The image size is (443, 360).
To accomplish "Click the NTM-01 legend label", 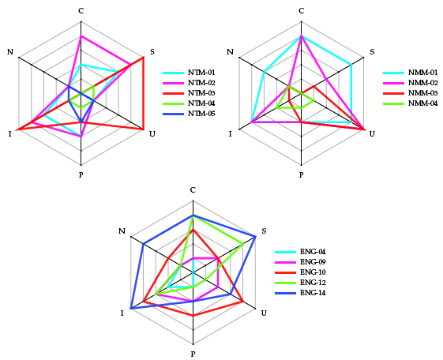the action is click(x=201, y=73).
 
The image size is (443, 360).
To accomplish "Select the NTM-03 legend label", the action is click(x=201, y=93).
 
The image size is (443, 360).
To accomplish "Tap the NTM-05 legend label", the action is click(x=201, y=114).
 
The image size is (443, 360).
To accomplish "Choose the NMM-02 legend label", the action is click(x=422, y=83).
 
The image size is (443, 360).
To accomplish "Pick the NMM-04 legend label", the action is click(x=422, y=103).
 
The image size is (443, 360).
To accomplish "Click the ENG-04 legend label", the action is click(x=313, y=252).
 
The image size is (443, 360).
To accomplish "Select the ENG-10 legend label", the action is click(x=313, y=272).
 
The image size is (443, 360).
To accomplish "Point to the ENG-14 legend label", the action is click(x=313, y=293).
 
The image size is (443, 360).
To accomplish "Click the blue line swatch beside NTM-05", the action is click(x=173, y=114).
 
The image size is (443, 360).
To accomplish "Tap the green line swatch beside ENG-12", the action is click(x=285, y=283).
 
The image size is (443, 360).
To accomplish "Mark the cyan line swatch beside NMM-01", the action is click(x=393, y=73).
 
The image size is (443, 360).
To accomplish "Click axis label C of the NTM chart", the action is click(x=81, y=11).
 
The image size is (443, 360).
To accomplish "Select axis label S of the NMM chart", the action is click(x=372, y=52).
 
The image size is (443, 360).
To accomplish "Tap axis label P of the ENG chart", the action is click(x=193, y=354).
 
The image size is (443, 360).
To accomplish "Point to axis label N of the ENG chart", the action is click(x=122, y=231).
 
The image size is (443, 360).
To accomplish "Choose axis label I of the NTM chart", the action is click(x=10, y=134).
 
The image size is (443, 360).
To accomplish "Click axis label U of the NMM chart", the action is click(x=372, y=134).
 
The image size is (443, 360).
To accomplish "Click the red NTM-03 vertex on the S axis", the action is click(x=143, y=58).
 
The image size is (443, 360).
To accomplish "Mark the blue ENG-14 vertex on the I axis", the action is click(x=131, y=309).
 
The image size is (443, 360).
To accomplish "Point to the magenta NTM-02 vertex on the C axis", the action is click(x=81, y=36).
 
